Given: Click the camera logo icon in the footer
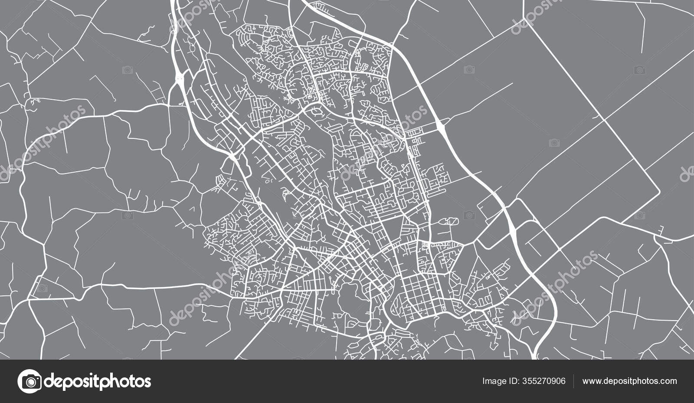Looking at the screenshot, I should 29,381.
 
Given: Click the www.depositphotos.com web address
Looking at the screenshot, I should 629,381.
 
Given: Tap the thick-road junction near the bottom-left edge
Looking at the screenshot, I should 29,300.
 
